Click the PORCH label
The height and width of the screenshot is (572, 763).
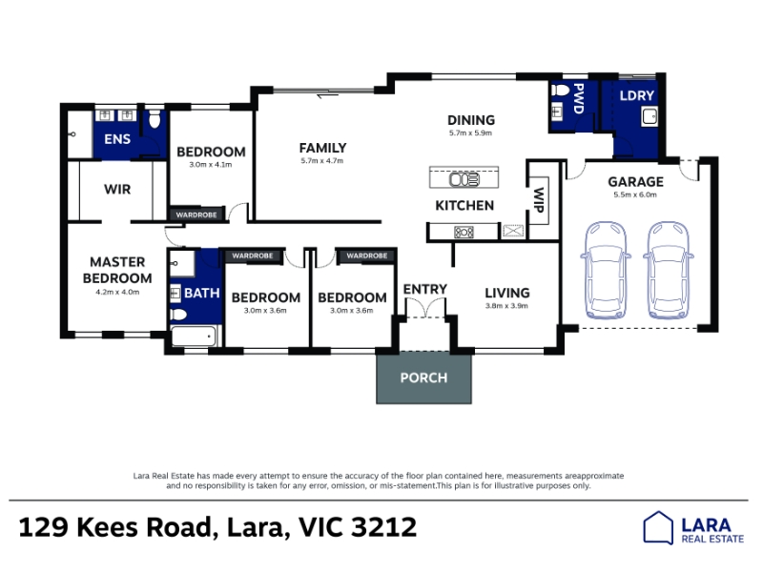(423, 378)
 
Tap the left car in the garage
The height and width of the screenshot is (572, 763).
(606, 271)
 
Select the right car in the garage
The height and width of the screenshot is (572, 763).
(669, 271)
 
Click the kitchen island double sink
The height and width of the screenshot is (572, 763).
(464, 179)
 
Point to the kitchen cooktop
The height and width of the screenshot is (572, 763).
(464, 232)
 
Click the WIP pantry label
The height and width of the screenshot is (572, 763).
(539, 200)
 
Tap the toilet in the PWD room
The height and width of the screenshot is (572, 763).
(560, 91)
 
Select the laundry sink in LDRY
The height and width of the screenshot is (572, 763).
(650, 116)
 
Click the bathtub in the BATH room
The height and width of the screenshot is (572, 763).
(194, 337)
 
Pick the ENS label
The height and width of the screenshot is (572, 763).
(117, 139)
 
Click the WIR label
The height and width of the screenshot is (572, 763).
(117, 189)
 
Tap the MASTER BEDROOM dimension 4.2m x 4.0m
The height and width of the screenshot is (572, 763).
(117, 293)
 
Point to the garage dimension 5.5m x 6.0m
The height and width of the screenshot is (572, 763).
(635, 194)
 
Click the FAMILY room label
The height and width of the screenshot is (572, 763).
(322, 148)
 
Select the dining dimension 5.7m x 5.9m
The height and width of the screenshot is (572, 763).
(470, 133)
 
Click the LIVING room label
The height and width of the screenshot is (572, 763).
(506, 293)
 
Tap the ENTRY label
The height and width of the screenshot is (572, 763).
(424, 290)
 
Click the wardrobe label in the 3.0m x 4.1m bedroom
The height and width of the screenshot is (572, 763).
(196, 214)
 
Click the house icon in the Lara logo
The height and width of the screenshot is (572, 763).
(658, 527)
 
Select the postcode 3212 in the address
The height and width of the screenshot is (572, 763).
(384, 527)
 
